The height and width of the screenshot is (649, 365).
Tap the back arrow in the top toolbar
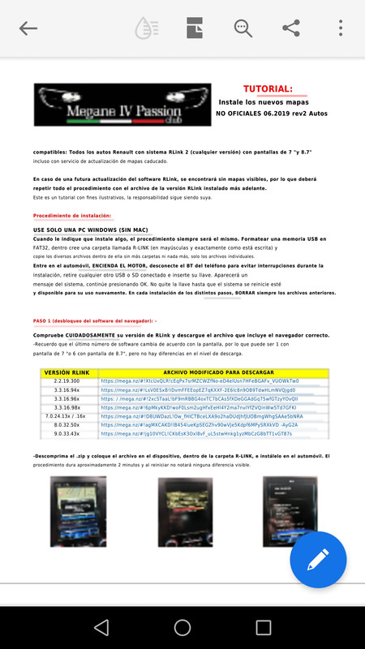[x=28, y=28]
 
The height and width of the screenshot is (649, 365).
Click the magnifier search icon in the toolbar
[x=243, y=28]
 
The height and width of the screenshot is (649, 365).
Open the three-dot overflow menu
[x=341, y=28]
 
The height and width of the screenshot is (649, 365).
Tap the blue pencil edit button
[x=318, y=560]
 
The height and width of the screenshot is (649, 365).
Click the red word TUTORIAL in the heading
[x=268, y=89]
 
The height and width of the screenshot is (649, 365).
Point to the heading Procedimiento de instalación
[x=72, y=216]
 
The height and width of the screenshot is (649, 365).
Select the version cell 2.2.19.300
[x=71, y=381]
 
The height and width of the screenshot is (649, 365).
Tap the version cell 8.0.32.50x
[x=71, y=425]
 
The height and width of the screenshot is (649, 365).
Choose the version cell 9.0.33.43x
[x=71, y=434]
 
